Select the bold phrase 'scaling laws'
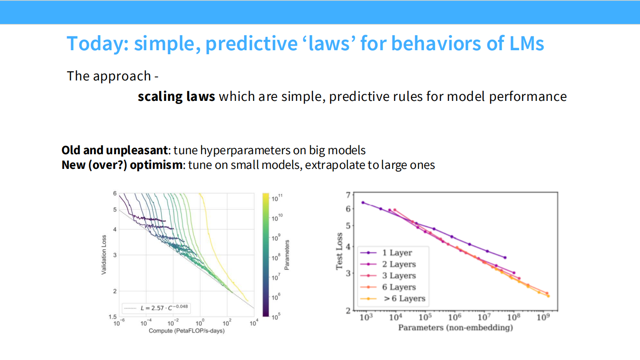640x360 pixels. click(176, 96)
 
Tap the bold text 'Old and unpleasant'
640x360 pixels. click(115, 150)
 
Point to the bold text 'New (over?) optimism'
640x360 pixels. click(122, 165)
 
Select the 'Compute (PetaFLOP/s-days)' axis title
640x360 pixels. click(186, 331)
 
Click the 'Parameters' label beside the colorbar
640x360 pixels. click(287, 255)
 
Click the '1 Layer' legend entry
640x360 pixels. click(397, 253)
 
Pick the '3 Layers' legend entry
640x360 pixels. click(399, 276)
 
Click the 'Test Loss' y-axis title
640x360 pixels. click(340, 251)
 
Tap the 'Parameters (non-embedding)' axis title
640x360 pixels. click(455, 328)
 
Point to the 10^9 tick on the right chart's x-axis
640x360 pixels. click(542, 317)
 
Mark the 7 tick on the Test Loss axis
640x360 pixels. click(348, 195)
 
